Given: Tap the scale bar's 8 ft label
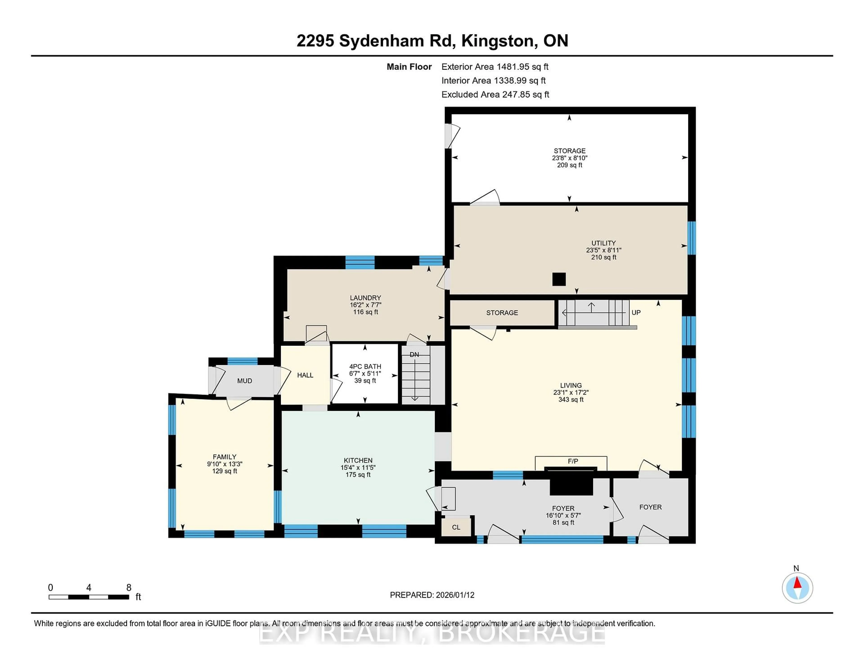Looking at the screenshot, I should [x=128, y=588].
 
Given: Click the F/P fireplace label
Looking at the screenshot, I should [x=572, y=461].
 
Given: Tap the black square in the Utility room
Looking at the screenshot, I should [x=559, y=279].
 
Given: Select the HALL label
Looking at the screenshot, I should [x=305, y=375].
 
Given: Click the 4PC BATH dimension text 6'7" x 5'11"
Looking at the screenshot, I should [x=365, y=374].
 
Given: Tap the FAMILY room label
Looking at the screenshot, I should [x=224, y=457].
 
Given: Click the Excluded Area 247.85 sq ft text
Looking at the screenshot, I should [x=495, y=94].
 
